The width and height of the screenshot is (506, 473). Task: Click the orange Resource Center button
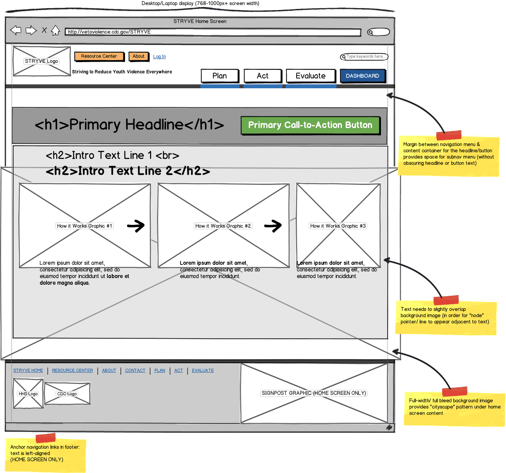tap(99, 56)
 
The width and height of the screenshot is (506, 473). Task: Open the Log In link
tap(159, 57)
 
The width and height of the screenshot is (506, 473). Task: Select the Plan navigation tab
tap(220, 76)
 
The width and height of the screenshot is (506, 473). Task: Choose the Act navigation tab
tap(263, 76)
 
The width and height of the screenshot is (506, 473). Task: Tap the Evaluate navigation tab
tap(311, 76)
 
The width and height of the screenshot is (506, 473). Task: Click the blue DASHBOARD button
tap(362, 76)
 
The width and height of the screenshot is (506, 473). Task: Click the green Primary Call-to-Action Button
tap(310, 125)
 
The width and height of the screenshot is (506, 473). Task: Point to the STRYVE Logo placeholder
tap(41, 61)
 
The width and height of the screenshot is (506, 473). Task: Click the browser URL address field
tap(213, 32)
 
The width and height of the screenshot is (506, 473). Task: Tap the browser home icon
tap(55, 30)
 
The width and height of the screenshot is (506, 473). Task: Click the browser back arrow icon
tap(16, 30)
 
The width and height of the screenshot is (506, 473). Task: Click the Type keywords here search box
tap(364, 57)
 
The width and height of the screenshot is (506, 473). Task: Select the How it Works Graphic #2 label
tap(223, 226)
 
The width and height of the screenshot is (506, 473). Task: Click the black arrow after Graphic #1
tap(136, 225)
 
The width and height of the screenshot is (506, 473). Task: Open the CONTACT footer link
tap(135, 370)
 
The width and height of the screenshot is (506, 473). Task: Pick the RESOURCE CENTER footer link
tap(72, 370)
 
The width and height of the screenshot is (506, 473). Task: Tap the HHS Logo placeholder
tap(28, 394)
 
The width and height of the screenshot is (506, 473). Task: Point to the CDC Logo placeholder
tap(67, 394)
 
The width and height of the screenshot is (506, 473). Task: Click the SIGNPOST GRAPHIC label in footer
tap(314, 393)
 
